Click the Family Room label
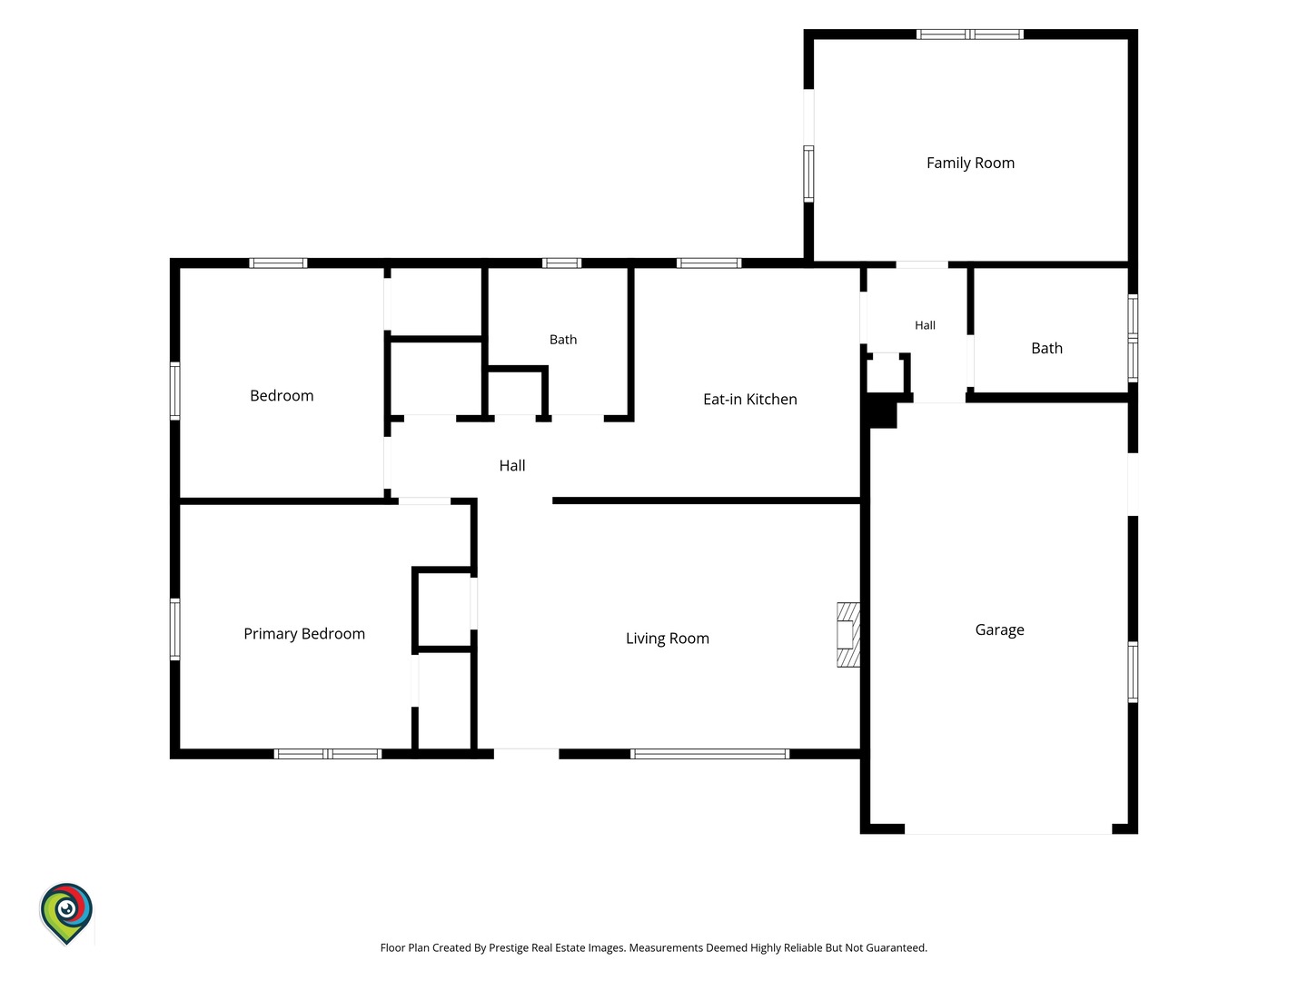click(x=969, y=163)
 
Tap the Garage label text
click(x=999, y=629)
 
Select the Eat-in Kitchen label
click(x=749, y=399)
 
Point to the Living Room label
click(x=667, y=639)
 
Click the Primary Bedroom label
click(x=304, y=634)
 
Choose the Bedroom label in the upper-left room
click(x=282, y=395)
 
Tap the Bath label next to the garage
click(x=1046, y=348)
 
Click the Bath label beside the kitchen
click(x=562, y=340)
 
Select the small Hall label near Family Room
click(x=925, y=325)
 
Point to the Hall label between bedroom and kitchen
click(x=512, y=465)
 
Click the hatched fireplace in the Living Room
click(x=848, y=634)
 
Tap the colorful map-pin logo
click(x=66, y=914)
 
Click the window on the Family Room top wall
click(x=969, y=35)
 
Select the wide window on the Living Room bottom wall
click(x=709, y=754)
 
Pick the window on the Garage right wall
click(x=1133, y=672)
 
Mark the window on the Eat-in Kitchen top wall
click(x=709, y=263)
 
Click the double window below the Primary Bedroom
click(x=328, y=754)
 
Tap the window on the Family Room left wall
click(x=808, y=173)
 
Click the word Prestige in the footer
click(x=509, y=947)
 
